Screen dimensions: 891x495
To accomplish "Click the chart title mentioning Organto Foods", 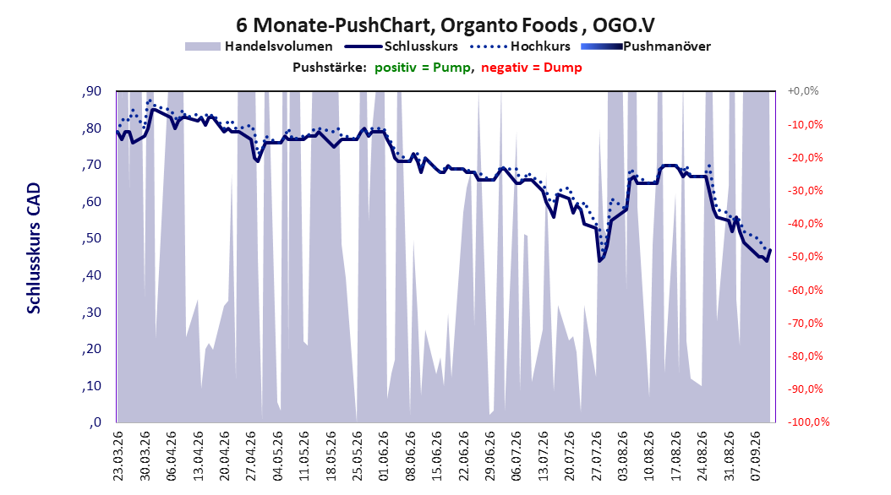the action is click(x=445, y=25).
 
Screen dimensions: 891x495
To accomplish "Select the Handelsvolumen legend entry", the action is click(x=260, y=46).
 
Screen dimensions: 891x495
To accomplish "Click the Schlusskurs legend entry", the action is click(x=402, y=46).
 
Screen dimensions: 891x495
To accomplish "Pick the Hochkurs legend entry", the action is click(x=520, y=46).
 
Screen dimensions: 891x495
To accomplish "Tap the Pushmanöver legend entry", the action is click(x=646, y=46).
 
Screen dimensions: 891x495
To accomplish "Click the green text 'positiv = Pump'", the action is click(x=422, y=68).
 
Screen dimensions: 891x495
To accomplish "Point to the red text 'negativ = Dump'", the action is click(x=532, y=68).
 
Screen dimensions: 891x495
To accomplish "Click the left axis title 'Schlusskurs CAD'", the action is click(x=34, y=248).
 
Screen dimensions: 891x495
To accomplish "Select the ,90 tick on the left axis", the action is click(x=91, y=91).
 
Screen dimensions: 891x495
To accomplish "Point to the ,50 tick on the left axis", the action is click(x=91, y=238).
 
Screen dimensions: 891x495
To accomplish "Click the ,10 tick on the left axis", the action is click(x=91, y=385).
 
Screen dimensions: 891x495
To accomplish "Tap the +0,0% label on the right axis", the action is click(x=803, y=91).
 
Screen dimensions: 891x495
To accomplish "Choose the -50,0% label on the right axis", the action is click(x=805, y=257).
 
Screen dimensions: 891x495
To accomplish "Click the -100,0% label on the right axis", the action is click(x=808, y=422).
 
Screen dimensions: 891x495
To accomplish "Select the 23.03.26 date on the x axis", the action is click(x=118, y=456).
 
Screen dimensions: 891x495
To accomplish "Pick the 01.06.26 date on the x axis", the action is click(x=384, y=456).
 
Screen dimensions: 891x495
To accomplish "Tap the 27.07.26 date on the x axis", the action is click(x=596, y=456).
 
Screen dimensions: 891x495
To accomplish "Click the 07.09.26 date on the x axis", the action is click(x=755, y=456).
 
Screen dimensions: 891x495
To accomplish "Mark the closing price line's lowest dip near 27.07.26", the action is click(x=599, y=260).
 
